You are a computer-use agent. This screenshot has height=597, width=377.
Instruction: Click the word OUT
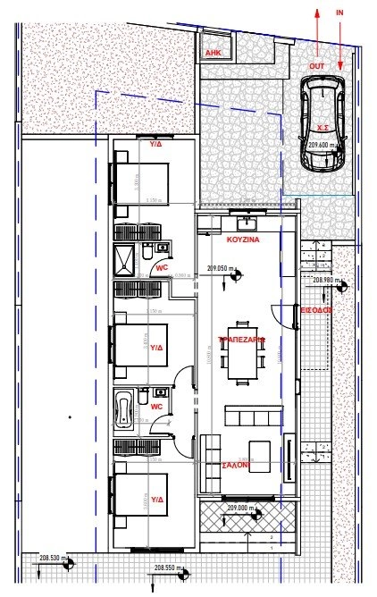(x=316, y=66)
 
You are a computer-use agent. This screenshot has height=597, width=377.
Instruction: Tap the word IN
(x=339, y=13)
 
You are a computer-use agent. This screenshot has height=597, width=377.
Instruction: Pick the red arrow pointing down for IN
(x=340, y=45)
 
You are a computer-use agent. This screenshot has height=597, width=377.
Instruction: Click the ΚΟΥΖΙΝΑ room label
(x=242, y=241)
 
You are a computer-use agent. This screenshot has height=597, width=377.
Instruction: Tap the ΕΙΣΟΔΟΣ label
(x=316, y=309)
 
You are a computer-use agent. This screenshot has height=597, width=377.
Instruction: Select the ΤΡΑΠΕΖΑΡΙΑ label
(x=242, y=340)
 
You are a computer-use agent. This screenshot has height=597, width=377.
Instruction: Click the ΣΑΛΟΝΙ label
(x=236, y=465)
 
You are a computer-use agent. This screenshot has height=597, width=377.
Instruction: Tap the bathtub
(x=124, y=410)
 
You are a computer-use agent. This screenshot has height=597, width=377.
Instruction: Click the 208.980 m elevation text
(x=328, y=280)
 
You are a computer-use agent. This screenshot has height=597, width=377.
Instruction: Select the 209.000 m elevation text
(x=241, y=509)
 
